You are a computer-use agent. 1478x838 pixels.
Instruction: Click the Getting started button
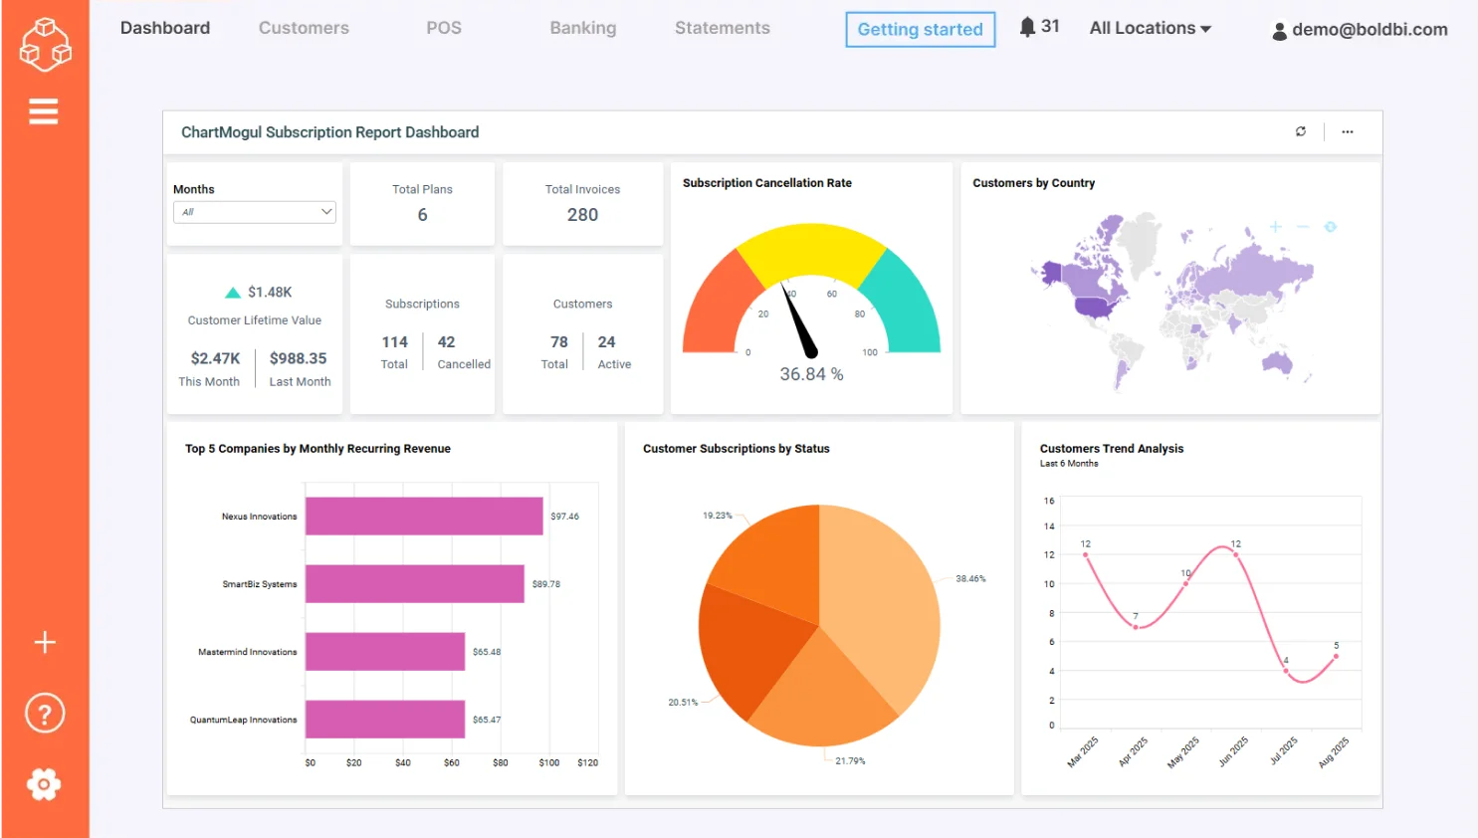click(x=920, y=30)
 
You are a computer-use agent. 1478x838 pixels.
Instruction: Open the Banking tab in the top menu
click(x=582, y=28)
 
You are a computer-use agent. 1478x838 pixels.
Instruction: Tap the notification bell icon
click(x=1028, y=27)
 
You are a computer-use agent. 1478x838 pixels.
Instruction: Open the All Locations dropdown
click(x=1150, y=28)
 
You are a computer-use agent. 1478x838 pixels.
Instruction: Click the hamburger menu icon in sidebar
click(x=44, y=111)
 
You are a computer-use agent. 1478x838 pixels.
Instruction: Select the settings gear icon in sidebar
click(x=44, y=784)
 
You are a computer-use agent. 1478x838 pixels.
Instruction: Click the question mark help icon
click(x=44, y=714)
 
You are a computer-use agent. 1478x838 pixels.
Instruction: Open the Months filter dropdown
click(x=255, y=212)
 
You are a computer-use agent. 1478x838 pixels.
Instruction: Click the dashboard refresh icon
click(x=1300, y=131)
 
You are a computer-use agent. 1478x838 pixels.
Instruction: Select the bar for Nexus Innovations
click(x=424, y=516)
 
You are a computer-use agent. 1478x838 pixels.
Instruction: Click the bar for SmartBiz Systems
click(x=414, y=584)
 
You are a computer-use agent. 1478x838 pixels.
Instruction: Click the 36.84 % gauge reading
click(x=811, y=374)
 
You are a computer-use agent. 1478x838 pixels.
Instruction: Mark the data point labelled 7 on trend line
click(x=1136, y=627)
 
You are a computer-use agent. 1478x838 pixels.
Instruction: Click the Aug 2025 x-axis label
click(x=1334, y=752)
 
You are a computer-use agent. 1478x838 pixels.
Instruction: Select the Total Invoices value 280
click(x=582, y=215)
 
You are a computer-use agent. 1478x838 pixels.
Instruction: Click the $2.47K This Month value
click(x=215, y=358)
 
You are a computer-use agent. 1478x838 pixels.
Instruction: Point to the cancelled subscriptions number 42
click(x=446, y=342)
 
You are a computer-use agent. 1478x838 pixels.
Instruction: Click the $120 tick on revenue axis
click(x=587, y=762)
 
